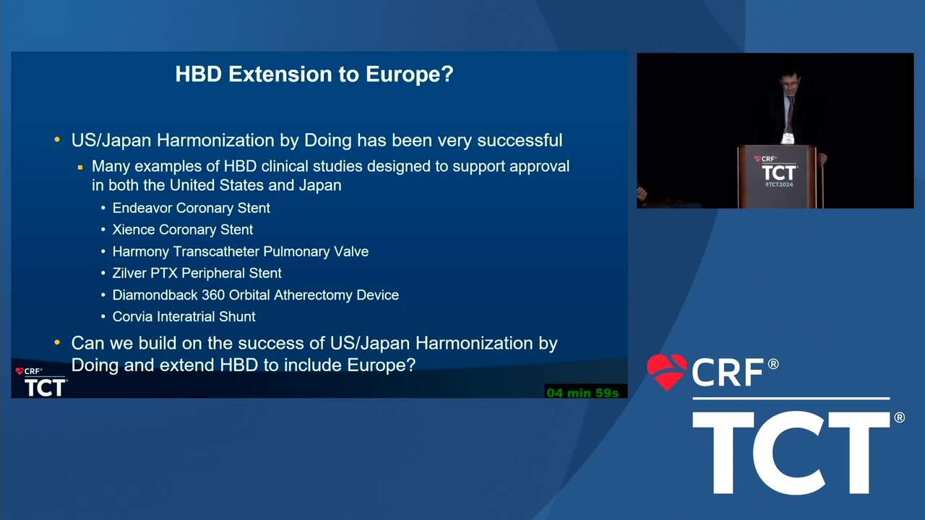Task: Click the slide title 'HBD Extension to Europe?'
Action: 314,74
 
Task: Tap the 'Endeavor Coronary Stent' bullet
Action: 192,208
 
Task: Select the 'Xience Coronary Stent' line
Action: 183,230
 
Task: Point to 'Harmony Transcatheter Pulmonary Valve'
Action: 241,251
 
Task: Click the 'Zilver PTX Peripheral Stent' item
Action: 197,273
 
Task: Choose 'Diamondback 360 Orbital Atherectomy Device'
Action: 256,295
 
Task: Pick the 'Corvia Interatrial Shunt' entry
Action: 184,316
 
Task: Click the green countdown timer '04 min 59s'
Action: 582,393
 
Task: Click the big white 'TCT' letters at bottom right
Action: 791,453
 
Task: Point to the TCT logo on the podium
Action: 778,173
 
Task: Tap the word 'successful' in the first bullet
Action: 520,140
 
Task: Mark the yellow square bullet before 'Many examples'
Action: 80,168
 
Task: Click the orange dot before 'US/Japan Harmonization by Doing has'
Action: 57,140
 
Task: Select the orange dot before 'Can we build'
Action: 57,342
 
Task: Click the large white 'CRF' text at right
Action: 728,372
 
